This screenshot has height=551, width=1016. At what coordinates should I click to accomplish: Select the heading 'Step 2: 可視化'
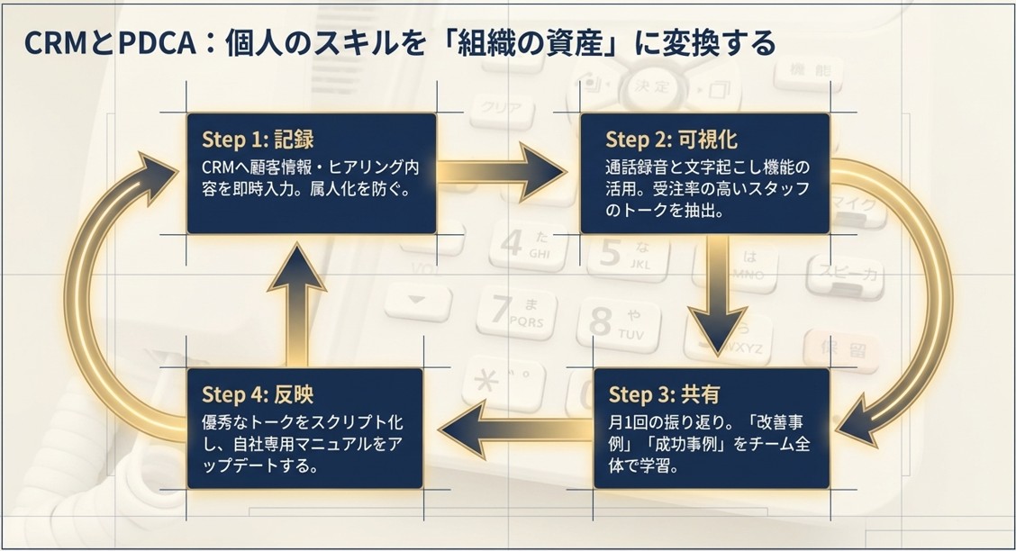point(671,140)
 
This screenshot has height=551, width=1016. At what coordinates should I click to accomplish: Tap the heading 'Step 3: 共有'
point(664,394)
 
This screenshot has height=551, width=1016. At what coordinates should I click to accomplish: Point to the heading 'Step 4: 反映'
point(257,394)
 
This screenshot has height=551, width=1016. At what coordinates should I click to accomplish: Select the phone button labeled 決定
point(650,86)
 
